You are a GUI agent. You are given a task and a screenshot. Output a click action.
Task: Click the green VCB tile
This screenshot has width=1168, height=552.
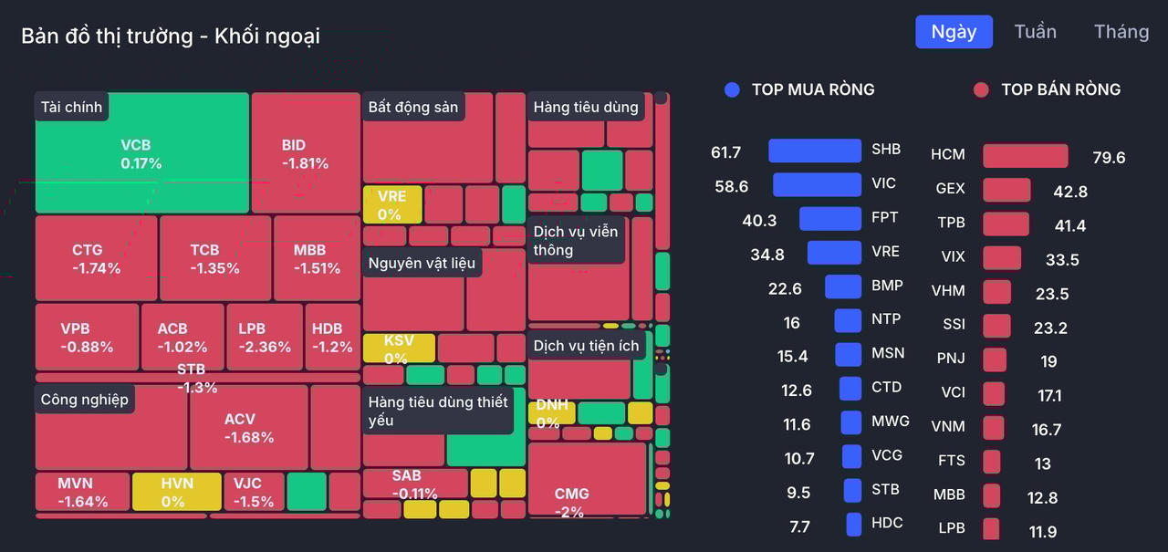pyautogui.click(x=141, y=153)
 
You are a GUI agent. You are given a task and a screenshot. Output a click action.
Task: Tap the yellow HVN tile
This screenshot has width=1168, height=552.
pyautogui.click(x=176, y=492)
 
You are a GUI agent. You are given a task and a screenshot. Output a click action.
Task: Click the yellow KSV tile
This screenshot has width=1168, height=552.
pyautogui.click(x=398, y=349)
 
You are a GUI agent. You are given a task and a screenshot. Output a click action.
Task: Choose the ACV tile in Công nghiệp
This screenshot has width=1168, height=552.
pyautogui.click(x=248, y=427)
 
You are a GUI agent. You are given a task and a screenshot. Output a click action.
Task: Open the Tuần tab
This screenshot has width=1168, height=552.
pyautogui.click(x=1035, y=32)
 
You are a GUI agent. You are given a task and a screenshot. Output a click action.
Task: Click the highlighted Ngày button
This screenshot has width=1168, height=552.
pyautogui.click(x=954, y=32)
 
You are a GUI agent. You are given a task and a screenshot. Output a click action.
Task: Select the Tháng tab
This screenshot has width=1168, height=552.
pyautogui.click(x=1121, y=32)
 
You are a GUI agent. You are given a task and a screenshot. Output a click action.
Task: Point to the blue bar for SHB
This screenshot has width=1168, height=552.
pyautogui.click(x=815, y=151)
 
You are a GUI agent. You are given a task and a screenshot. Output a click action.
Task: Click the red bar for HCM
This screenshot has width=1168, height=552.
pyautogui.click(x=1025, y=156)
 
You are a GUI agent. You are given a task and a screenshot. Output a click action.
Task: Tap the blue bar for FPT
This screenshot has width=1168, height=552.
pyautogui.click(x=830, y=219)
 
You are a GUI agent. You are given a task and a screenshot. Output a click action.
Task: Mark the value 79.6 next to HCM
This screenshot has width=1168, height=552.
pyautogui.click(x=1109, y=158)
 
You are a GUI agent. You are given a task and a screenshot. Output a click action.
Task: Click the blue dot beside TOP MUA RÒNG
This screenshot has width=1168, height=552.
pyautogui.click(x=732, y=89)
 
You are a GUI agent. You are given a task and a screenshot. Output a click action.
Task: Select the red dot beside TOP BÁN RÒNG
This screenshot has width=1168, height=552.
pyautogui.click(x=981, y=89)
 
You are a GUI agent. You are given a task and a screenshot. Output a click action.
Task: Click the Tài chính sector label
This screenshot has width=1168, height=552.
pyautogui.click(x=71, y=107)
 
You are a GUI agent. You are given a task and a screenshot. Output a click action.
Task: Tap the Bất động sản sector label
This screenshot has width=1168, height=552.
pyautogui.click(x=413, y=107)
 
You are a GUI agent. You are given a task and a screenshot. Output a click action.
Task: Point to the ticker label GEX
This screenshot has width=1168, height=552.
pyautogui.click(x=950, y=189)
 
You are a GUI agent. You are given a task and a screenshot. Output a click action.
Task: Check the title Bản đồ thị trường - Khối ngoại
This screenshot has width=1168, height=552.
pyautogui.click(x=171, y=36)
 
